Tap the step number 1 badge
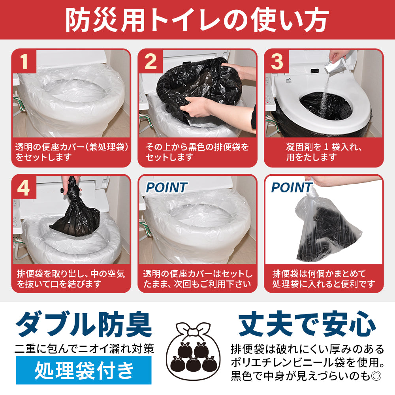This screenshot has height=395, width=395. [x=24, y=62]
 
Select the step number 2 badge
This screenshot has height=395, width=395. [x=150, y=62]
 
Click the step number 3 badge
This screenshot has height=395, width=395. [x=277, y=62]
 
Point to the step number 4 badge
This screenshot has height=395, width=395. [x=24, y=188]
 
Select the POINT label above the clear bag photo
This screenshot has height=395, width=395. [x=291, y=188]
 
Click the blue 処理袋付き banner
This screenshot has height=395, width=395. [x=84, y=370]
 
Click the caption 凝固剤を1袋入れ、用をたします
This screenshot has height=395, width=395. [x=324, y=152]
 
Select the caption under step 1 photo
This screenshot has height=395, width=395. [x=71, y=152]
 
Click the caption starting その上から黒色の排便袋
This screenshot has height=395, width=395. [x=197, y=152]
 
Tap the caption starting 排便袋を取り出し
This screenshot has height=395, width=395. [x=71, y=278]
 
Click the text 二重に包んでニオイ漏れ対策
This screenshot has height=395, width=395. [x=84, y=349]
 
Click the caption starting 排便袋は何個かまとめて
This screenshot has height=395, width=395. [x=324, y=278]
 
